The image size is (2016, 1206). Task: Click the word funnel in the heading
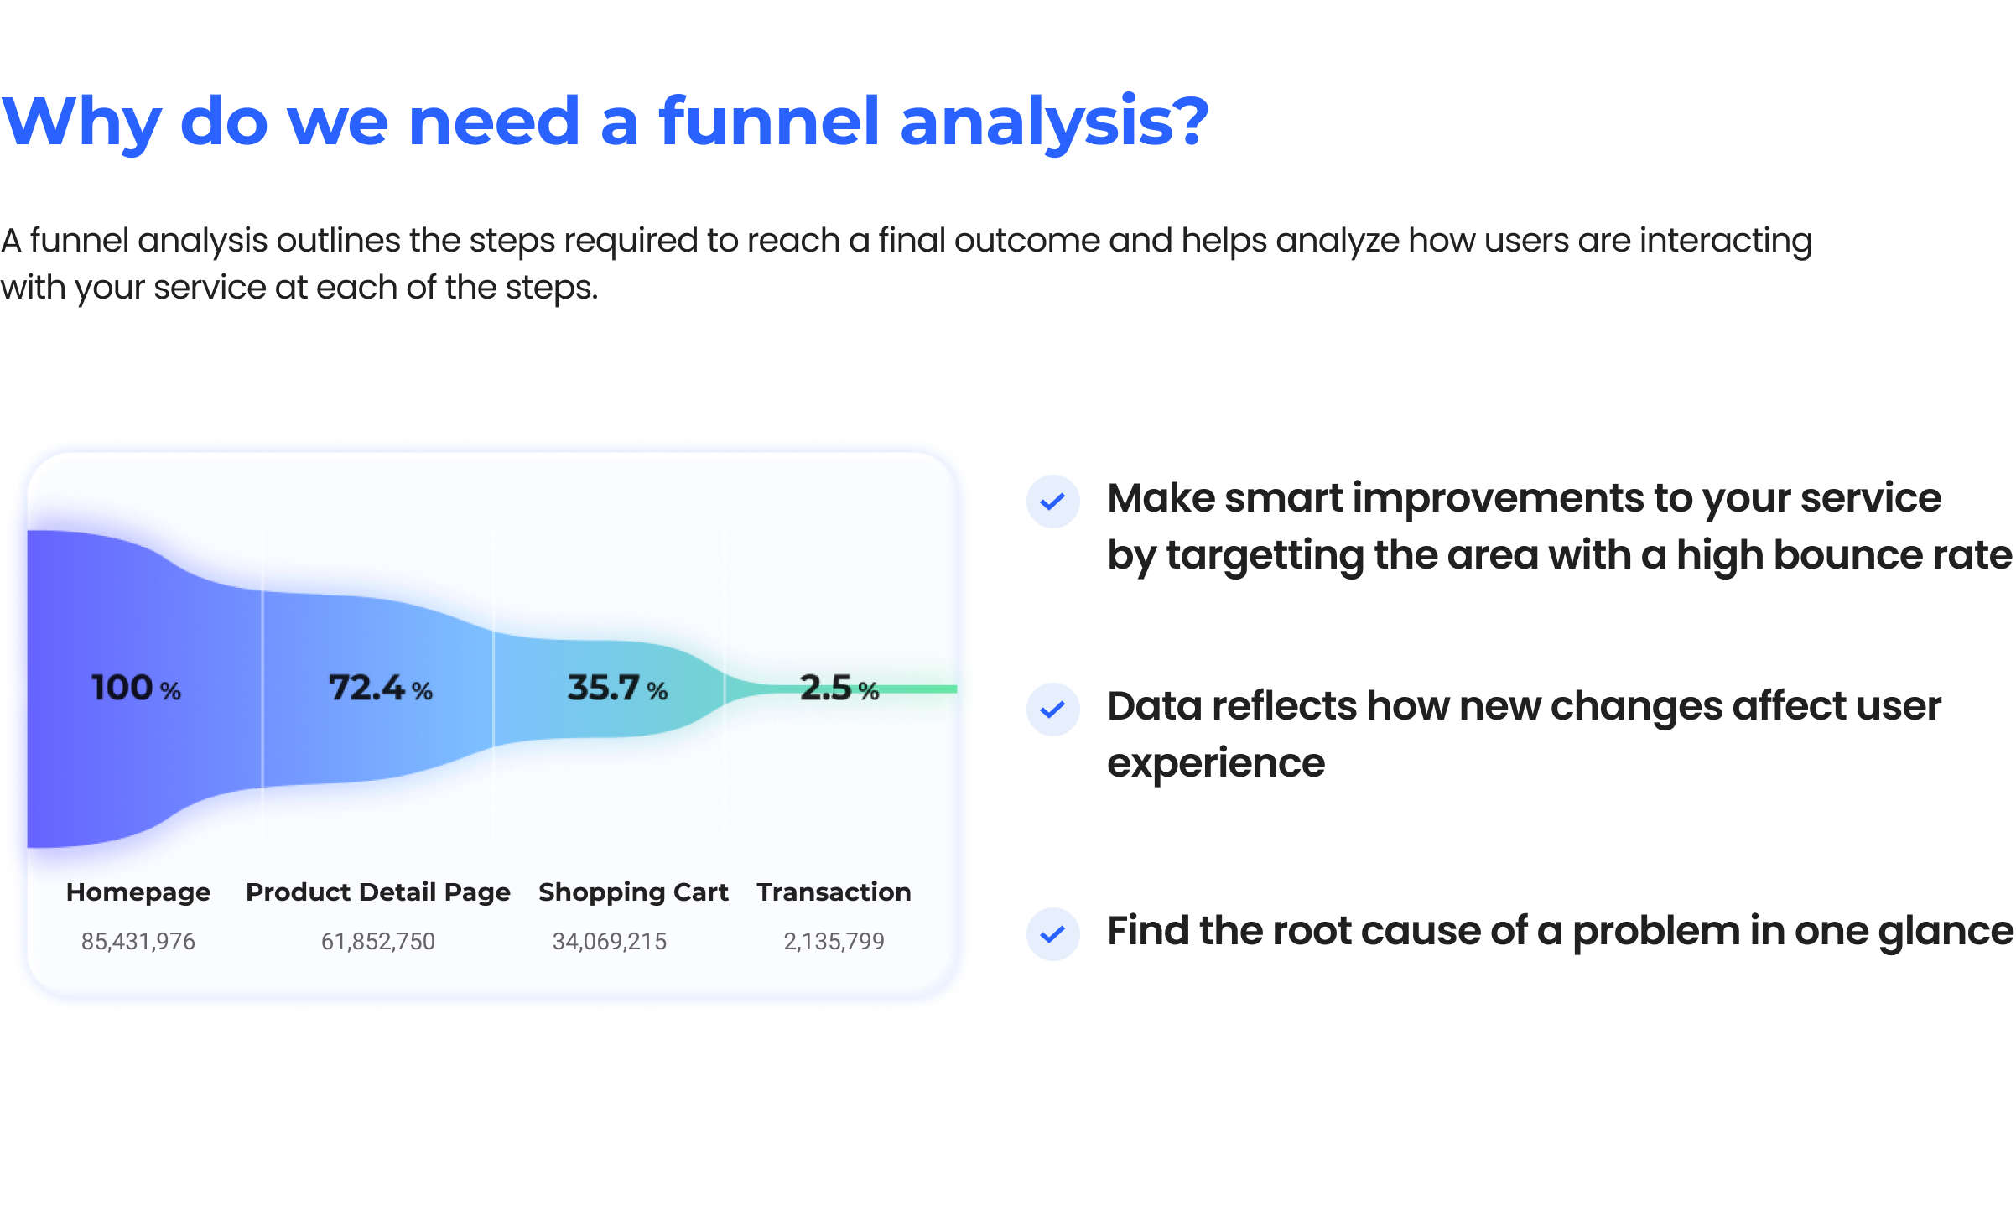coord(767,122)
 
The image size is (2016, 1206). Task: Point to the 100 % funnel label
coord(136,689)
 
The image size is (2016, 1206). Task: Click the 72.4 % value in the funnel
coord(380,689)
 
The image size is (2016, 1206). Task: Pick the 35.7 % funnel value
coord(617,689)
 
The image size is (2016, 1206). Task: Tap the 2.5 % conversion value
coord(839,689)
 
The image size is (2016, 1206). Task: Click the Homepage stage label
coord(138,892)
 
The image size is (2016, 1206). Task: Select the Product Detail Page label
coord(377,892)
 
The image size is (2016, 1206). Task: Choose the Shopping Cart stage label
coord(633,892)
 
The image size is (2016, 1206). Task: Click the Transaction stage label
coord(834,892)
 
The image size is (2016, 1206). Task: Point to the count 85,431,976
coord(138,942)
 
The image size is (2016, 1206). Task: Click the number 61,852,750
coord(377,942)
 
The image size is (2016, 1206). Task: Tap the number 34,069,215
coord(610,942)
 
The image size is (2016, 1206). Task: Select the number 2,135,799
coord(834,942)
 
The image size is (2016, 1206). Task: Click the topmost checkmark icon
coord(1052,502)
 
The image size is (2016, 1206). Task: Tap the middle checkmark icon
coord(1052,710)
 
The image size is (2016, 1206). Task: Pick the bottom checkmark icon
coord(1052,934)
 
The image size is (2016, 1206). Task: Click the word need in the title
coord(494,122)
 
